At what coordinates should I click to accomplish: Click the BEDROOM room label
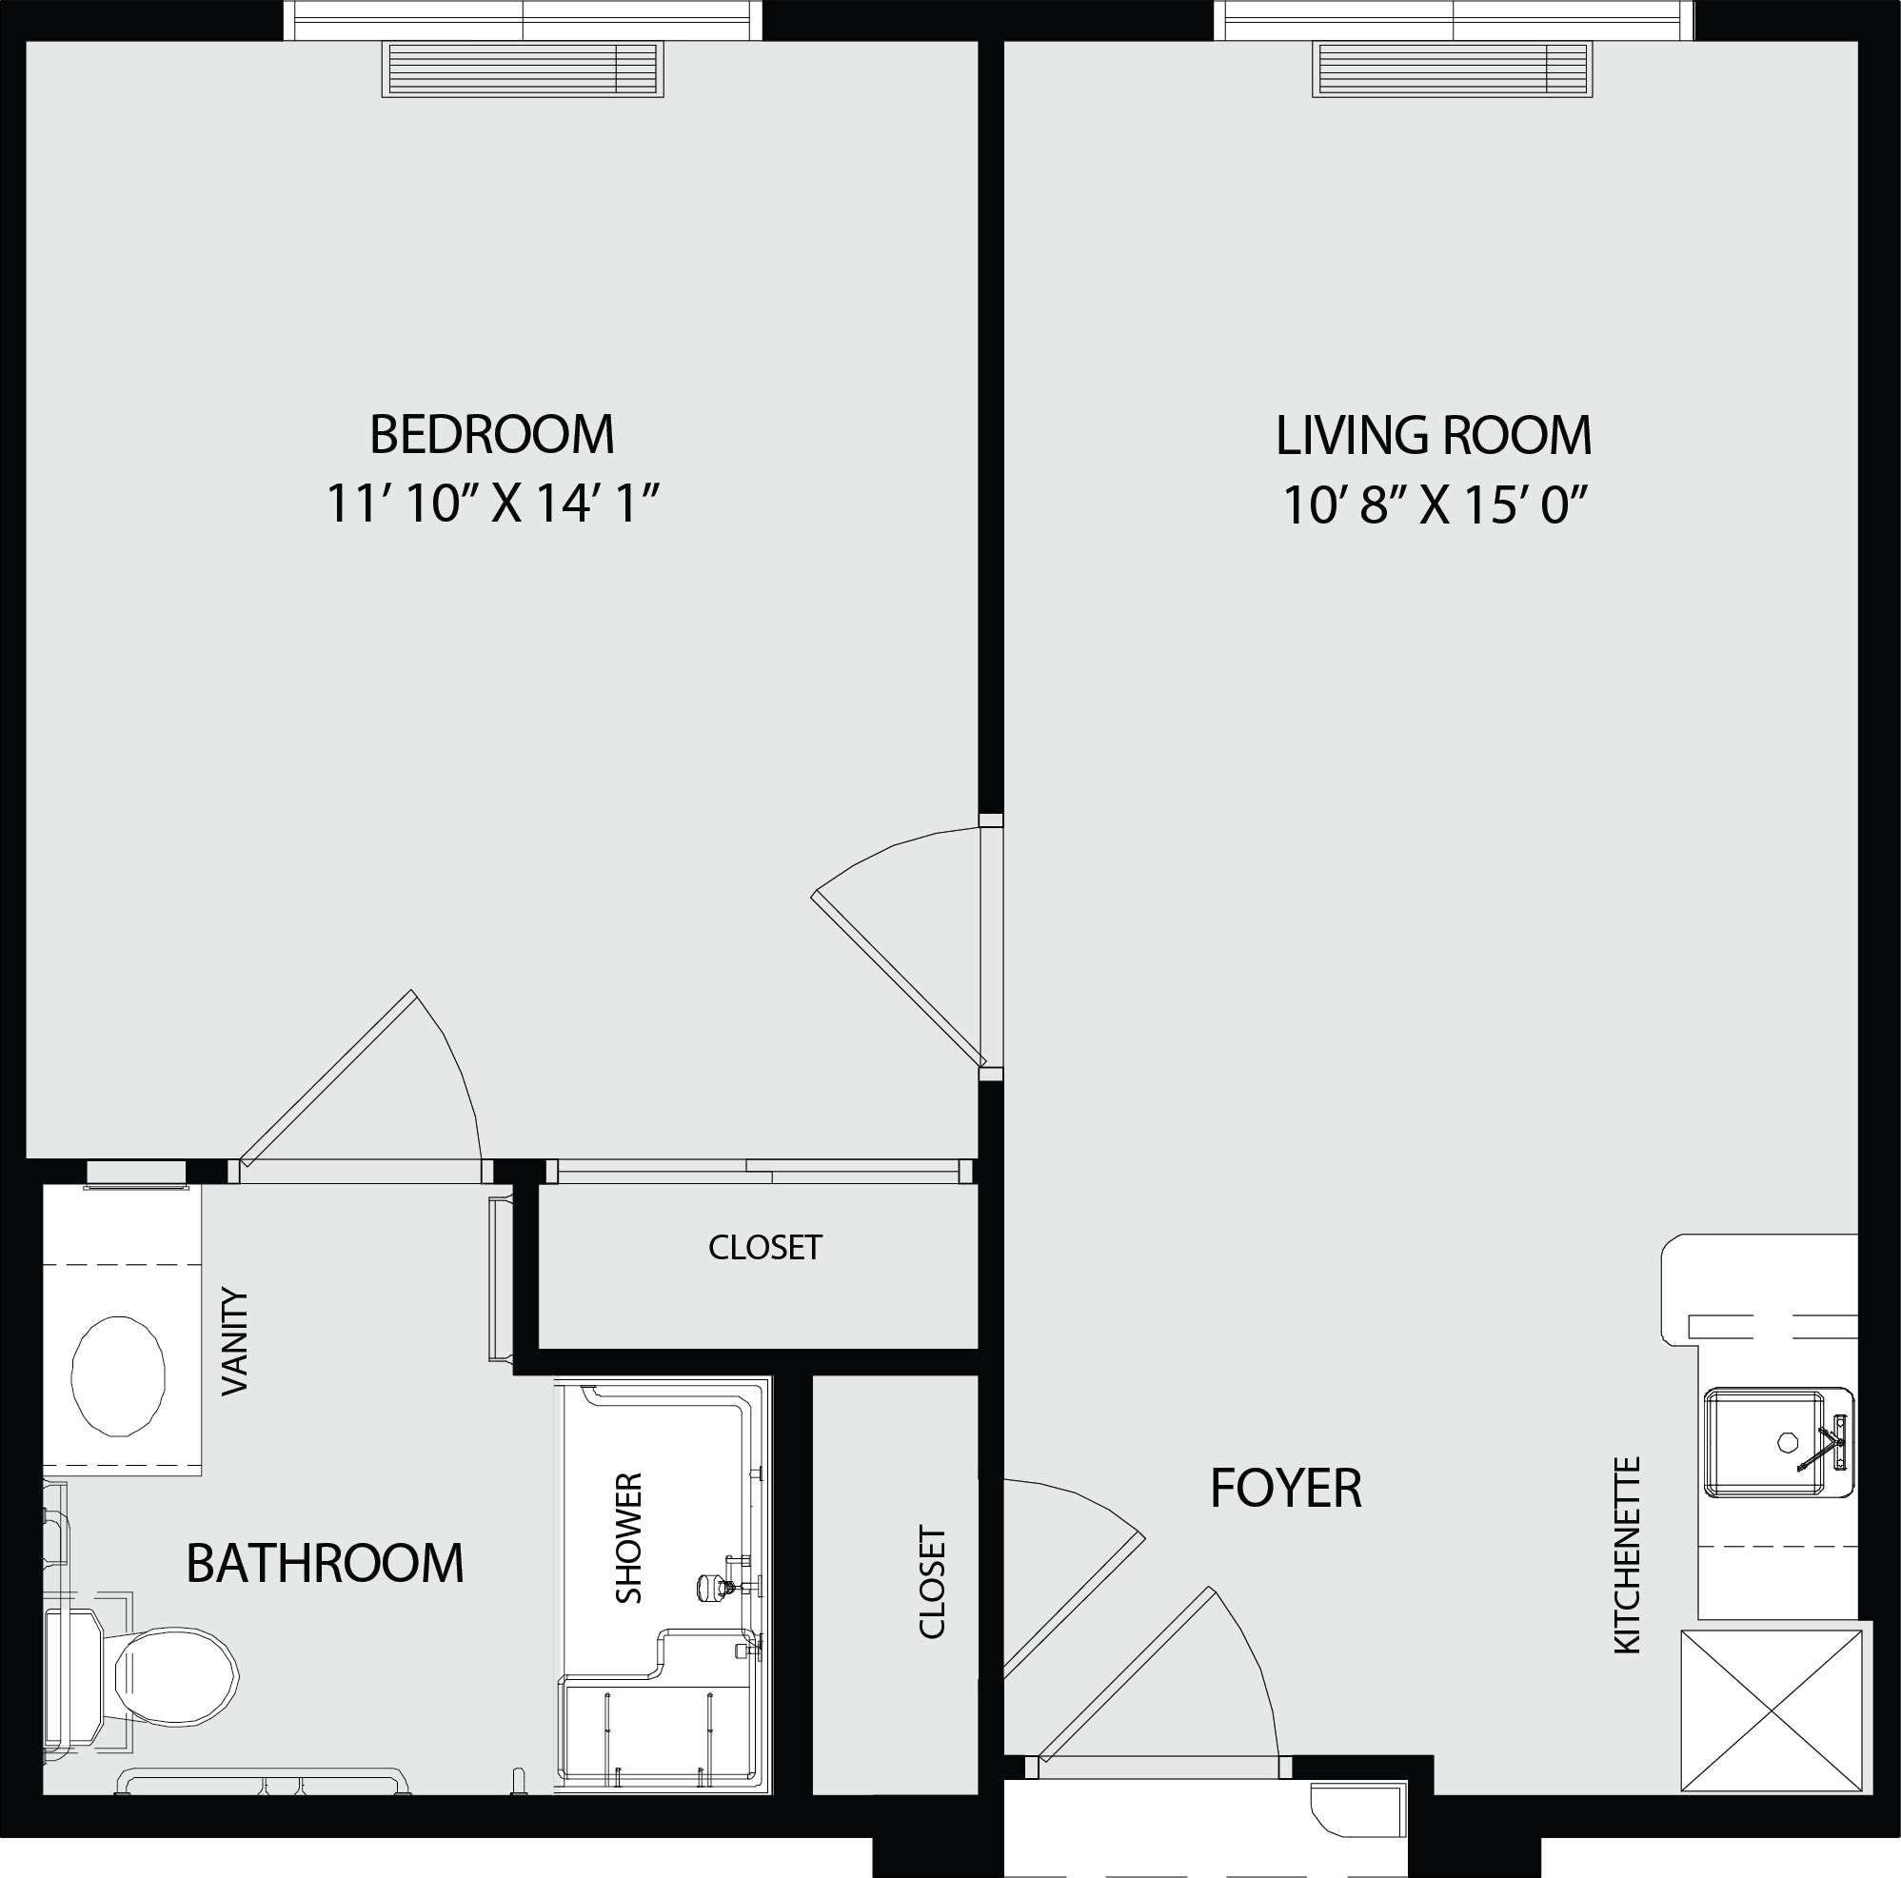coord(492,434)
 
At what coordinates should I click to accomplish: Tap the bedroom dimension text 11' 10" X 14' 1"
coord(491,504)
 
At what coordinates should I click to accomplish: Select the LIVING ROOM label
coord(1434,436)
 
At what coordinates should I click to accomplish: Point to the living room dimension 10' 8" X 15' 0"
coord(1436,505)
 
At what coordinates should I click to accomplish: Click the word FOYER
coord(1286,1488)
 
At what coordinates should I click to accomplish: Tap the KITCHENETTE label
coord(1628,1555)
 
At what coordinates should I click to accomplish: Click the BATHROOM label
coord(325,1562)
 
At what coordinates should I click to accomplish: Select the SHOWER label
coord(627,1537)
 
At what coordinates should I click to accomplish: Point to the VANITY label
coord(235,1341)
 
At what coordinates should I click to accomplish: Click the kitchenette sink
coord(1778,1443)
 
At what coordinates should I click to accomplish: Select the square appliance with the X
coord(1772,1710)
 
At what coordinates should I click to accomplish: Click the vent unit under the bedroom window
coord(523,69)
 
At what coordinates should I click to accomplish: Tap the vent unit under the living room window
coord(1453,69)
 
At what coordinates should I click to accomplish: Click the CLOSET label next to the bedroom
coord(764,1248)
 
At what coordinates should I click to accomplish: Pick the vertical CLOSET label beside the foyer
coord(932,1582)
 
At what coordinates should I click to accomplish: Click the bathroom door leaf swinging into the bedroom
coord(327,1078)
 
